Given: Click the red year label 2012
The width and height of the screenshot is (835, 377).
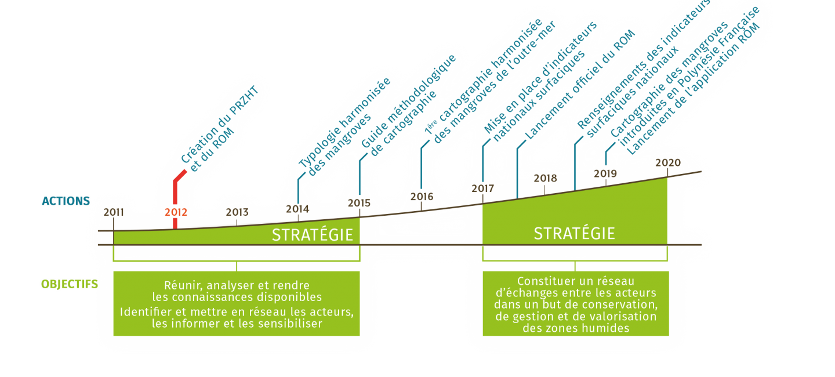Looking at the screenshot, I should [176, 212].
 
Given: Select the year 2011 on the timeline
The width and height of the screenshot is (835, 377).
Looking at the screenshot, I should [114, 212].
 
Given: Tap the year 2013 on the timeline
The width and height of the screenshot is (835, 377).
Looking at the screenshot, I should [237, 212].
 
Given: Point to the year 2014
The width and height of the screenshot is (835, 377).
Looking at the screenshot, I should [297, 209].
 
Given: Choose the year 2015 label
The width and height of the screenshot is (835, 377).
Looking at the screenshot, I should [359, 203].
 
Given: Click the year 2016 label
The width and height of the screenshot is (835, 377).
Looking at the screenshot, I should [422, 196].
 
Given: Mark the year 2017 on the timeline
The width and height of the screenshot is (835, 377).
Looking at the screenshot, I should [482, 188].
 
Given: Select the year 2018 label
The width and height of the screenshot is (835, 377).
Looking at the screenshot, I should [545, 178].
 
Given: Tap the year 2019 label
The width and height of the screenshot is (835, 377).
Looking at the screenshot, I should [605, 173].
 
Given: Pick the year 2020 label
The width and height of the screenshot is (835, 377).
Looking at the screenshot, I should [667, 162].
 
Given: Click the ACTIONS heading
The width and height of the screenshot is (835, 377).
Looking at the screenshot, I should [66, 201].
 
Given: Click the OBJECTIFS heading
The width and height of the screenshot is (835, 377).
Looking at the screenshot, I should [68, 284].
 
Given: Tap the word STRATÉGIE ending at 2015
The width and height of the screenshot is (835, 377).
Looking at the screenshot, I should [313, 235].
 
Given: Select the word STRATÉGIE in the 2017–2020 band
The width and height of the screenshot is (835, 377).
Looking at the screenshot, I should [574, 233].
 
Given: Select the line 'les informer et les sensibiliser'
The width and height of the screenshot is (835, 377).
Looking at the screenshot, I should [237, 323].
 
